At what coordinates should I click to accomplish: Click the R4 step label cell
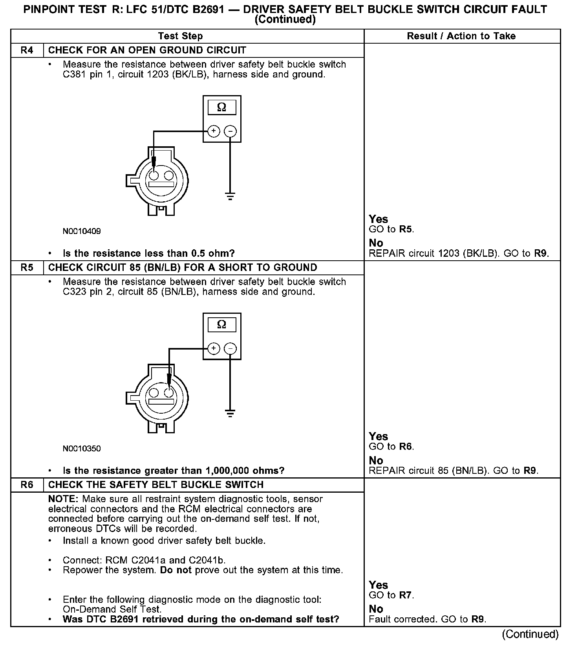point(27,50)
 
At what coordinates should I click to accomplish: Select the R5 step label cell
point(27,268)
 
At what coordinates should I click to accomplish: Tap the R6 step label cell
point(27,485)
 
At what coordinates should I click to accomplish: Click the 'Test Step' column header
point(180,36)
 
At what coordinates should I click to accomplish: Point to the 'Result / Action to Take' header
point(461,36)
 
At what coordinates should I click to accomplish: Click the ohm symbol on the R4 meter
point(222,107)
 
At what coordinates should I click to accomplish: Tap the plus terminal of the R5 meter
point(214,348)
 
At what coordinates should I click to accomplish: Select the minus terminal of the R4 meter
point(230,131)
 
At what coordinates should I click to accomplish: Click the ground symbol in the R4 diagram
point(230,196)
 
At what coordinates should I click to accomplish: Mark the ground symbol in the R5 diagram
point(230,413)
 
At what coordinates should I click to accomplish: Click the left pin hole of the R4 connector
point(154,175)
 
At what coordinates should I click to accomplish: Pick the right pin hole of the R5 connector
point(169,392)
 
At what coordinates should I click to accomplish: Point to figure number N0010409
point(82,231)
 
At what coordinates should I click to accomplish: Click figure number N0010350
point(82,449)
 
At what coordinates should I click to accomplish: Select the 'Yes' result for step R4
point(379,219)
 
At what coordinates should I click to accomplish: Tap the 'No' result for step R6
point(376,609)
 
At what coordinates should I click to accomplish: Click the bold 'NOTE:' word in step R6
point(63,499)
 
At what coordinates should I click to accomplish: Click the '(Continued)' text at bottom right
point(530,634)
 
